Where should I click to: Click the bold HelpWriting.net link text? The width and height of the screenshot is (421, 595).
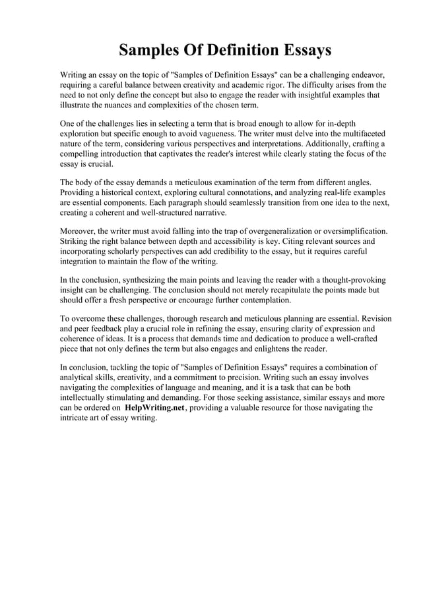coord(154,408)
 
